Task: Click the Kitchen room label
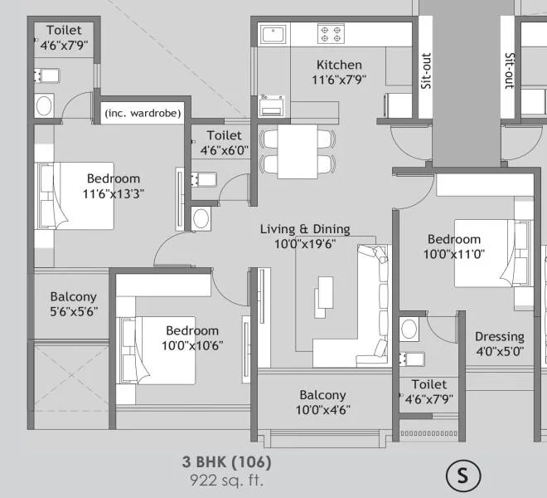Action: coord(339,65)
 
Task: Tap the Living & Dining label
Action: coord(305,229)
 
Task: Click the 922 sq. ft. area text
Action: coord(226,479)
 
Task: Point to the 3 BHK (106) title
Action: coord(226,461)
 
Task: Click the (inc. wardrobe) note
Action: coord(143,113)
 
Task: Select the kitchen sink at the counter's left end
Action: coord(273,34)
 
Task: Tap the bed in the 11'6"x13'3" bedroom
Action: coord(75,196)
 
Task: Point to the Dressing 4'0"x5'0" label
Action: coord(500,344)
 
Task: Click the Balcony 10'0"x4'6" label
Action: coord(322,403)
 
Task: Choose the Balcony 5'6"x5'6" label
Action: coord(73,304)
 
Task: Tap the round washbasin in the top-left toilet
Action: coord(44,105)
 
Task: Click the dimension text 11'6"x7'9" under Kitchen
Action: coord(338,80)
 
